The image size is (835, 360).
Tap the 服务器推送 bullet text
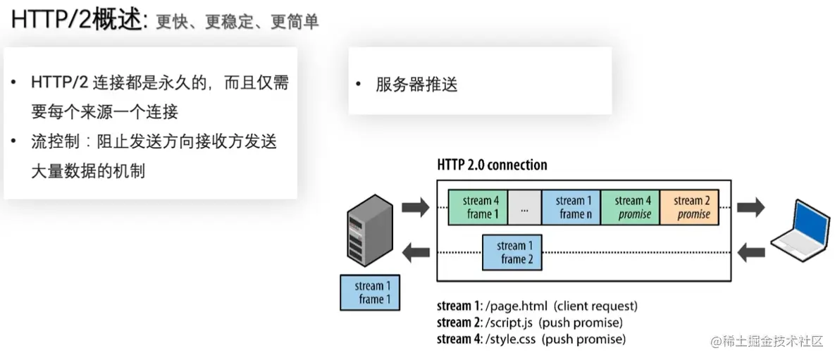(416, 85)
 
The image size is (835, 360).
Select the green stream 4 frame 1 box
(478, 207)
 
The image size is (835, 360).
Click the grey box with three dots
(524, 207)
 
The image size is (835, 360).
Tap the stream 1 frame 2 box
(512, 252)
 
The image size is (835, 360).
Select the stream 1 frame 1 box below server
(369, 292)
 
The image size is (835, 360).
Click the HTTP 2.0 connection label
(492, 166)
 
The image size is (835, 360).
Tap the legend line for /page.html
(536, 306)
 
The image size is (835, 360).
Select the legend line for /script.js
(529, 323)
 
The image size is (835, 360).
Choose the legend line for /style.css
(531, 339)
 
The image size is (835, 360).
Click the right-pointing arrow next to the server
(414, 207)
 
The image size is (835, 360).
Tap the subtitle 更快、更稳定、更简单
(237, 22)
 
